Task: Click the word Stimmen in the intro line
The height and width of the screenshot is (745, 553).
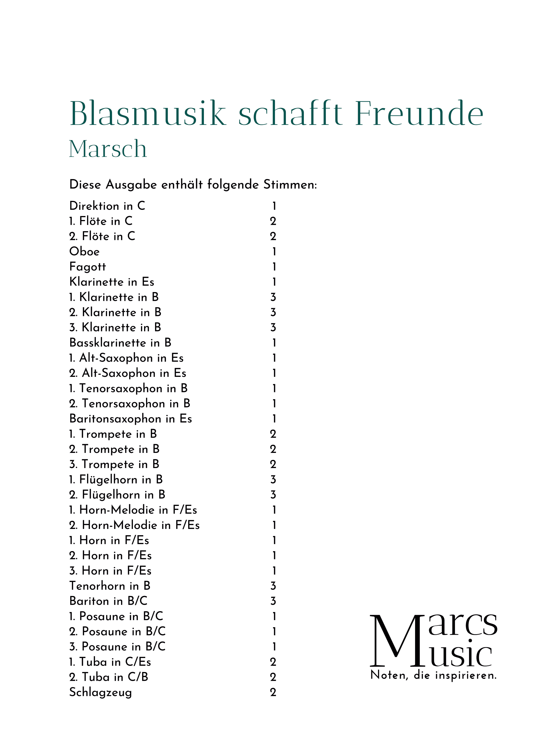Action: tap(290, 184)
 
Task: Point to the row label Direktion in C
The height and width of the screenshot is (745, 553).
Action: tap(107, 206)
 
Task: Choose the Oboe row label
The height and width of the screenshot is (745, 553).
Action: tap(84, 251)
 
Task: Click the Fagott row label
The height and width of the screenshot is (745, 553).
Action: tap(87, 267)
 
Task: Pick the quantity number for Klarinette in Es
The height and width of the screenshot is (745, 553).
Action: tap(274, 282)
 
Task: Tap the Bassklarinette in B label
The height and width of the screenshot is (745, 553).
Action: tap(120, 343)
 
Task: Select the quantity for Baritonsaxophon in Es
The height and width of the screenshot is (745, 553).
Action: tap(274, 419)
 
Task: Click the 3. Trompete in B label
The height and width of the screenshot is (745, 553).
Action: tap(114, 464)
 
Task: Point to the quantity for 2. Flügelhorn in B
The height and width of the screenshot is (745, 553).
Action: tap(273, 494)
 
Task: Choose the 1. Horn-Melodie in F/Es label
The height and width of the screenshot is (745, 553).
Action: tap(133, 510)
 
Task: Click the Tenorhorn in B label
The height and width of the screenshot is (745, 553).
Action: tap(110, 586)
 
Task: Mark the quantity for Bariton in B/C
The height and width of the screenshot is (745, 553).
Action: tap(273, 601)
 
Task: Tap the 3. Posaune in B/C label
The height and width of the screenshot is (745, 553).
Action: tap(117, 646)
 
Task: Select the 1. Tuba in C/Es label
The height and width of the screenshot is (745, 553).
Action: tap(110, 662)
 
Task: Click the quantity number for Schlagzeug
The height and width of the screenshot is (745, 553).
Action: tap(273, 692)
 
